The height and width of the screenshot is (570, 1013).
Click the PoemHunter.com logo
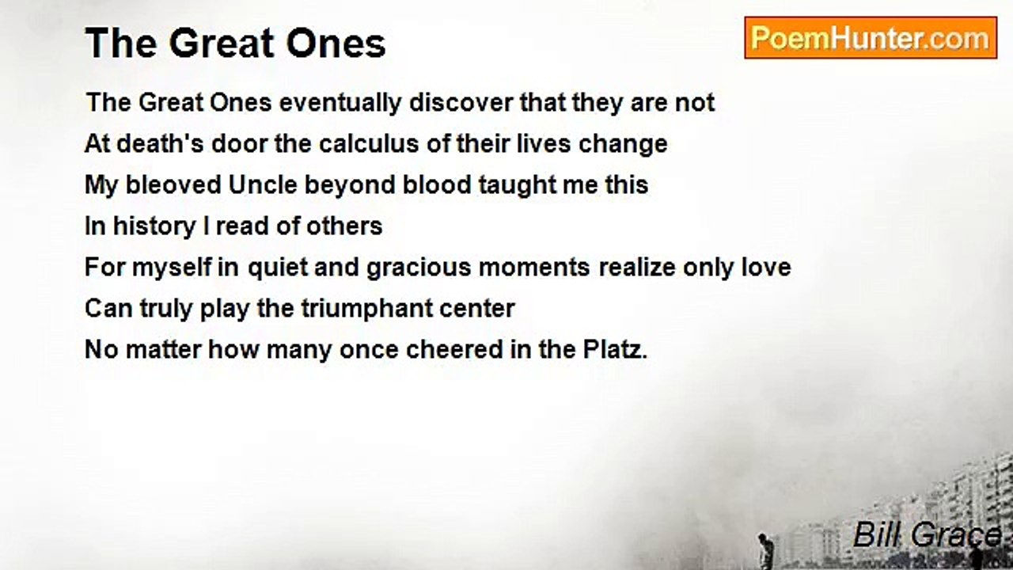[x=870, y=38]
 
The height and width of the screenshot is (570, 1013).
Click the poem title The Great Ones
[x=235, y=43]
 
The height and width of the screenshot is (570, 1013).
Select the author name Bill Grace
[x=927, y=535]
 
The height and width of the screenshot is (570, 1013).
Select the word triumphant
[x=372, y=309]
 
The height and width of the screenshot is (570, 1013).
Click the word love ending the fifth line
[x=764, y=268]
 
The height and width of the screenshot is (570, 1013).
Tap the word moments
[x=534, y=268]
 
